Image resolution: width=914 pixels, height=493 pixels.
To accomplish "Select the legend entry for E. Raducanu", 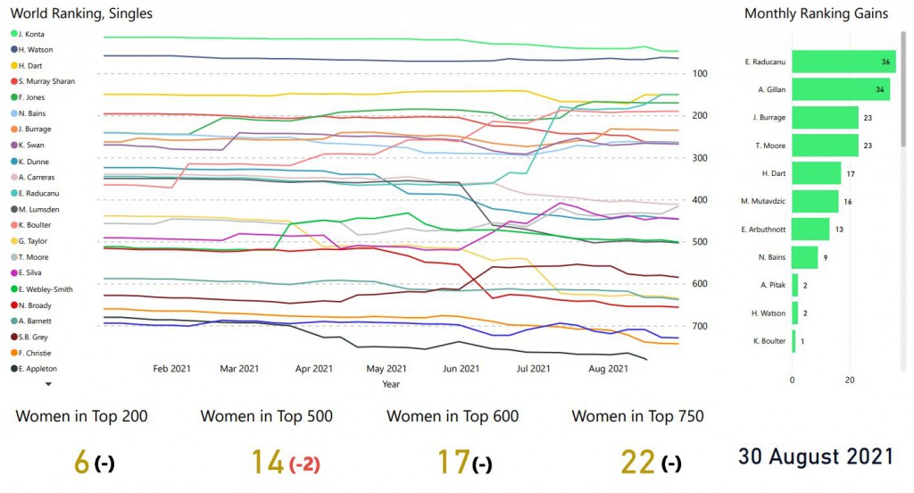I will click(38, 193).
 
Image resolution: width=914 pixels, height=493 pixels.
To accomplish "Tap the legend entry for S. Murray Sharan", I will click(46, 81).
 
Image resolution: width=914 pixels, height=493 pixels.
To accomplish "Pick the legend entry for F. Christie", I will click(36, 353).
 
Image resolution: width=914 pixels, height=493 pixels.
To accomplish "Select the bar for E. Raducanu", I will click(843, 63).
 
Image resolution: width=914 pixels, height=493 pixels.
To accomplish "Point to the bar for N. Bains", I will click(805, 257).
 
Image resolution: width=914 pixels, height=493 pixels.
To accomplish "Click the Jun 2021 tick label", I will click(461, 368).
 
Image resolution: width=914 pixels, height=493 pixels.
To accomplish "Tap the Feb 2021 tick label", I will click(172, 368).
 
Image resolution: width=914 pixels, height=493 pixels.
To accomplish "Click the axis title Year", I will click(390, 384).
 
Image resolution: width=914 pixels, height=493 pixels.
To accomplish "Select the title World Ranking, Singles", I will click(81, 13).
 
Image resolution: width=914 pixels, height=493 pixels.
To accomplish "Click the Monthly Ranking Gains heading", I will click(816, 13).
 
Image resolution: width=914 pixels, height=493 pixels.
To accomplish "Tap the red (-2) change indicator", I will click(304, 464).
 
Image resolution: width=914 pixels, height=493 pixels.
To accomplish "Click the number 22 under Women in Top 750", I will click(637, 463).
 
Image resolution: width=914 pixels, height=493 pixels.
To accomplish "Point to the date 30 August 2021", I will click(815, 456).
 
